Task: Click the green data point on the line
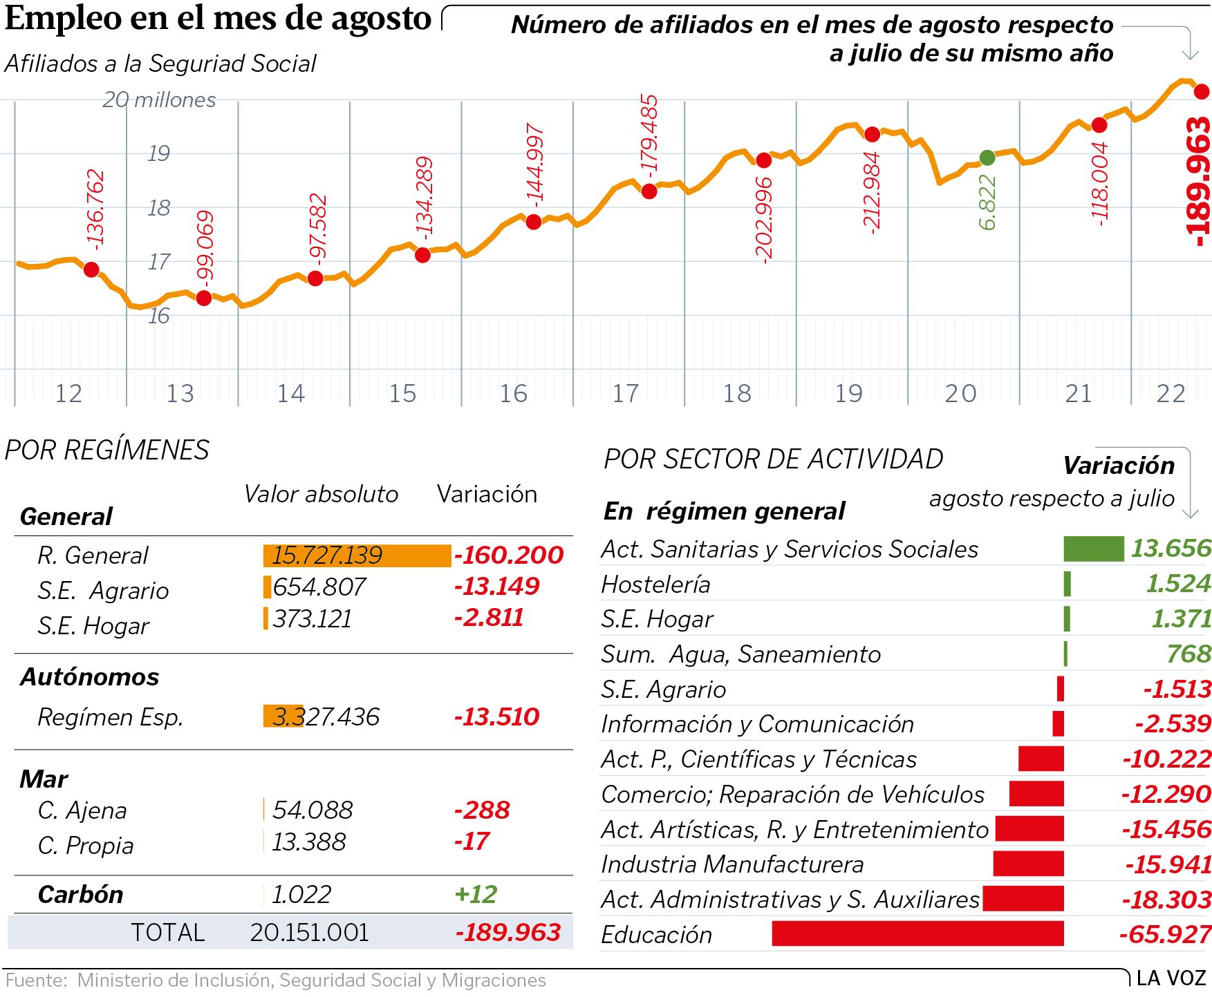pyautogui.click(x=987, y=158)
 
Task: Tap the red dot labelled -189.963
pyautogui.click(x=1202, y=91)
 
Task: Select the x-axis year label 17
pyautogui.click(x=625, y=393)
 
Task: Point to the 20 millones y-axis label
pyautogui.click(x=159, y=100)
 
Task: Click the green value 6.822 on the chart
pyautogui.click(x=987, y=202)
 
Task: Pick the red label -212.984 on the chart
pyautogui.click(x=872, y=193)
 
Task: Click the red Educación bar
pyautogui.click(x=917, y=933)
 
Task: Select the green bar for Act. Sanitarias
pyautogui.click(x=1093, y=549)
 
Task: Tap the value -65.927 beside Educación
pyautogui.click(x=1165, y=934)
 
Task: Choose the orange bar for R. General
pyautogui.click(x=357, y=556)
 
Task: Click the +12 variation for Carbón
pyautogui.click(x=476, y=894)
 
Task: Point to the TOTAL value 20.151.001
pyautogui.click(x=310, y=933)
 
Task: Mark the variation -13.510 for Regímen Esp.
pyautogui.click(x=496, y=716)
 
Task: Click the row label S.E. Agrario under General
pyautogui.click(x=103, y=591)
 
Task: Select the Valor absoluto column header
pyautogui.click(x=321, y=494)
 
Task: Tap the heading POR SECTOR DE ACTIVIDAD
pyautogui.click(x=773, y=459)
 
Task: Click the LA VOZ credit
pyautogui.click(x=1171, y=978)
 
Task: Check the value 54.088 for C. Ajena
pyautogui.click(x=313, y=810)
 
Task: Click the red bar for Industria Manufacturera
pyautogui.click(x=1028, y=864)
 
